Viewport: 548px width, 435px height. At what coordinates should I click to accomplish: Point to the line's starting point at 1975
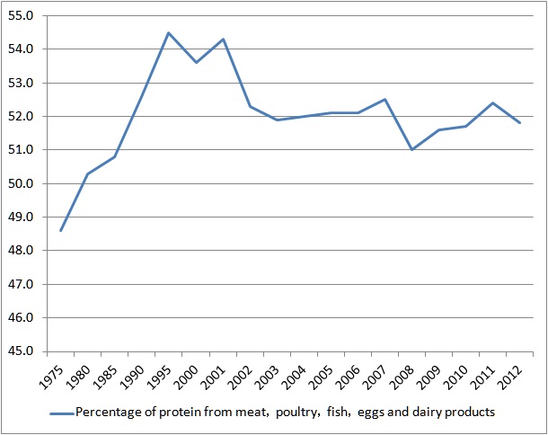coord(61,230)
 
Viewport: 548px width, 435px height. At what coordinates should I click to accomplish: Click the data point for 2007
coord(384,99)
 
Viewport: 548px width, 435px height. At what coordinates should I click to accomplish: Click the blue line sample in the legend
coord(61,413)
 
